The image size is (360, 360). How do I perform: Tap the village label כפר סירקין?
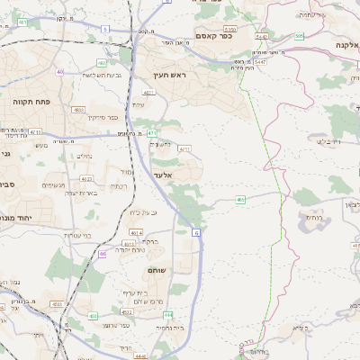(x=79, y=116)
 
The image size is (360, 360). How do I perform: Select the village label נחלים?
(x=85, y=155)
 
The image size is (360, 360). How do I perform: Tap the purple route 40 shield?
(x=60, y=71)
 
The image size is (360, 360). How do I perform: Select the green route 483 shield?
(x=101, y=64)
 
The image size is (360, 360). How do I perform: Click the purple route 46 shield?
(x=103, y=255)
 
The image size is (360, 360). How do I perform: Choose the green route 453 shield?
(x=94, y=316)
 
